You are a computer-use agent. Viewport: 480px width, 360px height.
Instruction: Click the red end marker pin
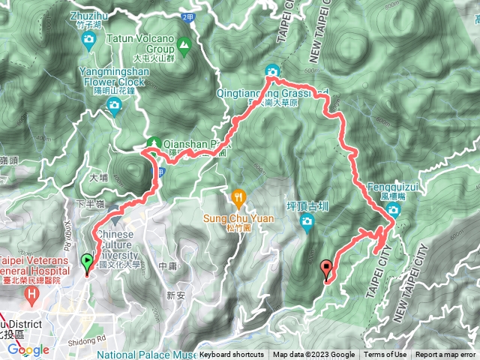click(x=325, y=267)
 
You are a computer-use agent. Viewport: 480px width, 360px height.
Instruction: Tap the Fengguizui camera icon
click(x=392, y=209)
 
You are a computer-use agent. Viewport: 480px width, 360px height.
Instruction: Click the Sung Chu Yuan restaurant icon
click(x=238, y=199)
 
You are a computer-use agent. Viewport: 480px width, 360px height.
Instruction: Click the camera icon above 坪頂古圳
click(x=306, y=221)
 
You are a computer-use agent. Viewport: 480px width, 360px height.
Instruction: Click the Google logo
click(x=28, y=349)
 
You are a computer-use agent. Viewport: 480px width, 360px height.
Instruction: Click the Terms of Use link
click(x=386, y=355)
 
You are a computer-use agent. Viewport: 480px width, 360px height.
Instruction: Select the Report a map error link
click(x=445, y=355)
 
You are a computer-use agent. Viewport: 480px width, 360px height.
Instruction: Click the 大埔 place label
click(x=98, y=178)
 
